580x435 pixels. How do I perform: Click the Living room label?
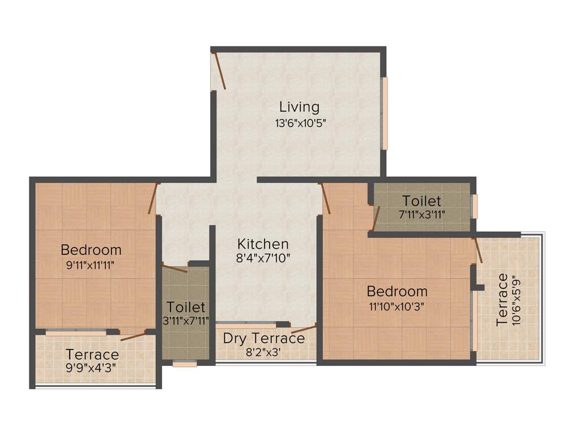tap(299, 106)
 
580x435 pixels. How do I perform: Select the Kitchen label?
tap(263, 244)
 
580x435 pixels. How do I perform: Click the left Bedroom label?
tap(91, 249)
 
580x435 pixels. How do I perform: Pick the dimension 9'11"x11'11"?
tap(91, 264)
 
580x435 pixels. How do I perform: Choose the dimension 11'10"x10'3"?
tap(397, 306)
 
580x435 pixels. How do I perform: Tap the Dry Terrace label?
tap(263, 339)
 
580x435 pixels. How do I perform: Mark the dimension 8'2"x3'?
tap(263, 352)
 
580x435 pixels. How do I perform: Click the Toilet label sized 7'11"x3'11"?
tap(421, 201)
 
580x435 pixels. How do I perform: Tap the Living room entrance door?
tap(219, 71)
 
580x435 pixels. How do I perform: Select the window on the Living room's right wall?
tap(385, 113)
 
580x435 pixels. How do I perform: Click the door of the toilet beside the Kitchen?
tap(174, 268)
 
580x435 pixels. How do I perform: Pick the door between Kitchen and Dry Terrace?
tap(304, 330)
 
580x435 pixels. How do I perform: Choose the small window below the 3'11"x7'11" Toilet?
tap(185, 364)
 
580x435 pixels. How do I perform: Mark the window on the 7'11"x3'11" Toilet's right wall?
tap(475, 206)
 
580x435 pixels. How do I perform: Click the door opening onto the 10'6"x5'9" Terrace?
tap(477, 250)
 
